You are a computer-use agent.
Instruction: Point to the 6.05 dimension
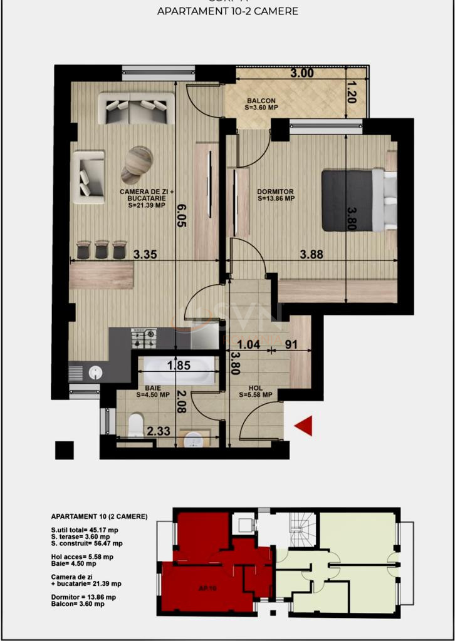click(x=181, y=216)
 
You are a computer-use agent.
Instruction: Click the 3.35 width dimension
click(x=145, y=254)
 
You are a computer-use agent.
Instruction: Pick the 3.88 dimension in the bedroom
click(x=311, y=254)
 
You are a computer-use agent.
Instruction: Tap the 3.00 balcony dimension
click(x=301, y=73)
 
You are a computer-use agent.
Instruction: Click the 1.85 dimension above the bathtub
click(x=179, y=366)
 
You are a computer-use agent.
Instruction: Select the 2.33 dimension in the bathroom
click(x=159, y=431)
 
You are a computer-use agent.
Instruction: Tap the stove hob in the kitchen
click(x=144, y=339)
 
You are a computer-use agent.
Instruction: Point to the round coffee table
click(x=137, y=161)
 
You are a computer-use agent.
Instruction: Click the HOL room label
click(x=256, y=391)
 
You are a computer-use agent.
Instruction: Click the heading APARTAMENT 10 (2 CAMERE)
click(x=99, y=516)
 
